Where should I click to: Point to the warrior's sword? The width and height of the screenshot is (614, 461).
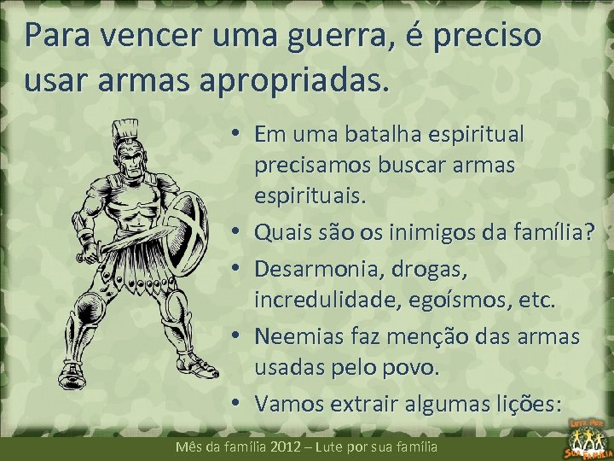pyautogui.click(x=128, y=242)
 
